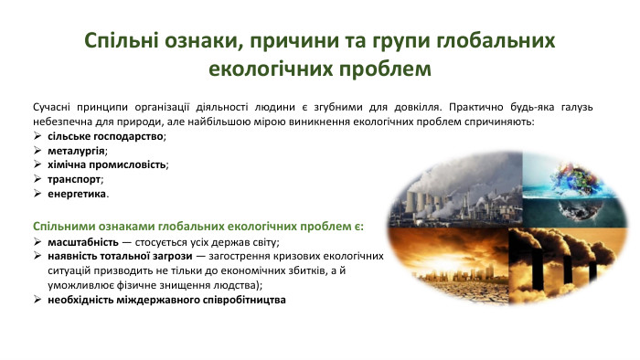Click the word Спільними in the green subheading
[66, 226]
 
